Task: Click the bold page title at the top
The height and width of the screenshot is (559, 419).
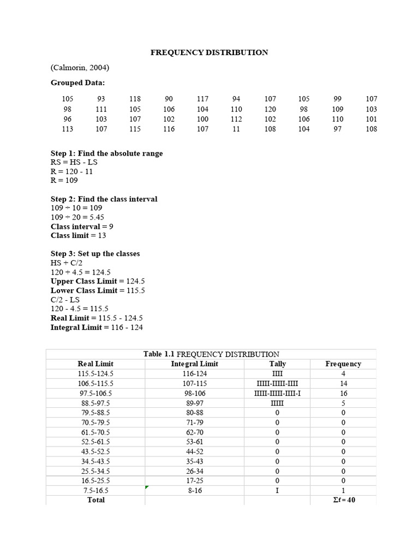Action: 209,52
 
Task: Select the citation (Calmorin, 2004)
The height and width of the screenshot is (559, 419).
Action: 80,68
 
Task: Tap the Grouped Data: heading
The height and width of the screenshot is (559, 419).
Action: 78,83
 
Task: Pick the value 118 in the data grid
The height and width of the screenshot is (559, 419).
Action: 135,99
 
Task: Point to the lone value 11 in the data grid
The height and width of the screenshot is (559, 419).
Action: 236,129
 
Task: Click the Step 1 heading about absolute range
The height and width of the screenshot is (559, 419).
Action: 106,153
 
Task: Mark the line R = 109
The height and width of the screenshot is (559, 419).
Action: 64,181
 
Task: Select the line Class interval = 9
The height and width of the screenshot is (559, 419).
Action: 82,227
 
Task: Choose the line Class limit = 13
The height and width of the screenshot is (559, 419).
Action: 78,236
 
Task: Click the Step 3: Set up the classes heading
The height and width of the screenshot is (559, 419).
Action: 95,254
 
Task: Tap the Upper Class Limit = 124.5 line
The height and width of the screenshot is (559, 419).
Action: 97,281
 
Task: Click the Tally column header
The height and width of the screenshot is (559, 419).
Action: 277,364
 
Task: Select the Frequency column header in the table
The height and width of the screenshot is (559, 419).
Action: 343,364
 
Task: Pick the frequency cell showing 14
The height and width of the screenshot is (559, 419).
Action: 343,384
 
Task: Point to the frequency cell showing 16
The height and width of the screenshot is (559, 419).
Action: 343,394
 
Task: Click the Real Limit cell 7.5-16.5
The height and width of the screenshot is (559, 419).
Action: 96,491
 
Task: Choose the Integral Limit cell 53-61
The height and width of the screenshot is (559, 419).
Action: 194,442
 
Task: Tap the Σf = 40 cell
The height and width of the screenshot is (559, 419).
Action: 343,500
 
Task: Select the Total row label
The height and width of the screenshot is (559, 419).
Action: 96,500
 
